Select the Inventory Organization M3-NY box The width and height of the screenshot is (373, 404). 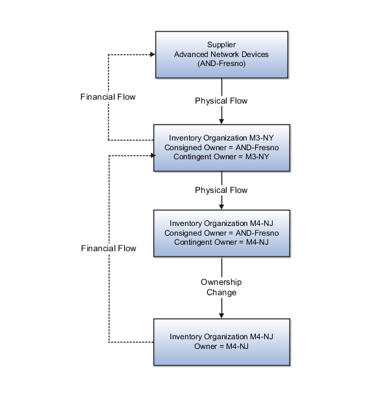point(221,147)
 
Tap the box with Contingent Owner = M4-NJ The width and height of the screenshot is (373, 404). point(221,233)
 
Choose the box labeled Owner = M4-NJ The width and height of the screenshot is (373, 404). point(221,342)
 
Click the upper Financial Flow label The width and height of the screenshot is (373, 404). point(108,97)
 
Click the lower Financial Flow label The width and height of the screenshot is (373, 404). point(108,249)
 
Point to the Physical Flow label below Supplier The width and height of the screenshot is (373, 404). point(221,101)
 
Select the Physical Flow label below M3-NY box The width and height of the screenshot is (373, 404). point(221,190)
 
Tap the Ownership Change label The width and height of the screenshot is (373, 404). point(221,287)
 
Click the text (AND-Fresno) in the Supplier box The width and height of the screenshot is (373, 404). point(221,63)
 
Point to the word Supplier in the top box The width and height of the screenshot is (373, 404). point(221,45)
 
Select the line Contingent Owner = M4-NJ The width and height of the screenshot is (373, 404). point(221,241)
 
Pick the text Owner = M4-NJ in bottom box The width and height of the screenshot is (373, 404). point(221,346)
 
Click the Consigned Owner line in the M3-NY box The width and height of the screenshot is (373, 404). point(221,147)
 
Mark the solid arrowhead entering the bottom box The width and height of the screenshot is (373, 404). point(221,315)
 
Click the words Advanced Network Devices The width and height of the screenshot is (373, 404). point(221,54)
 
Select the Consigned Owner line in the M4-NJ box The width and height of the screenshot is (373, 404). point(221,233)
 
